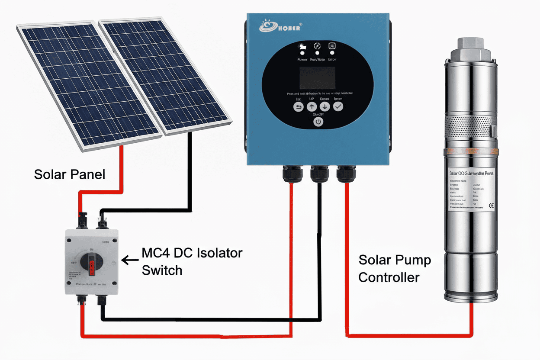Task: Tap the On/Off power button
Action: tap(318, 122)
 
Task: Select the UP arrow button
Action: tap(312, 107)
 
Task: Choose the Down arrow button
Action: tap(325, 107)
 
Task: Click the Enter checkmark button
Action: tap(337, 107)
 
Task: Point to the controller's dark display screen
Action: tap(318, 78)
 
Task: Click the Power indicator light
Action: tap(302, 52)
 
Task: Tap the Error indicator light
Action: tap(332, 52)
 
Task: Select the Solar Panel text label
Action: tap(70, 175)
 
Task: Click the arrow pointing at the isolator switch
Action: tap(129, 260)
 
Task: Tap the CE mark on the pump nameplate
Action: tap(491, 206)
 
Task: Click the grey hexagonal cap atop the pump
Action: tap(469, 43)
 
